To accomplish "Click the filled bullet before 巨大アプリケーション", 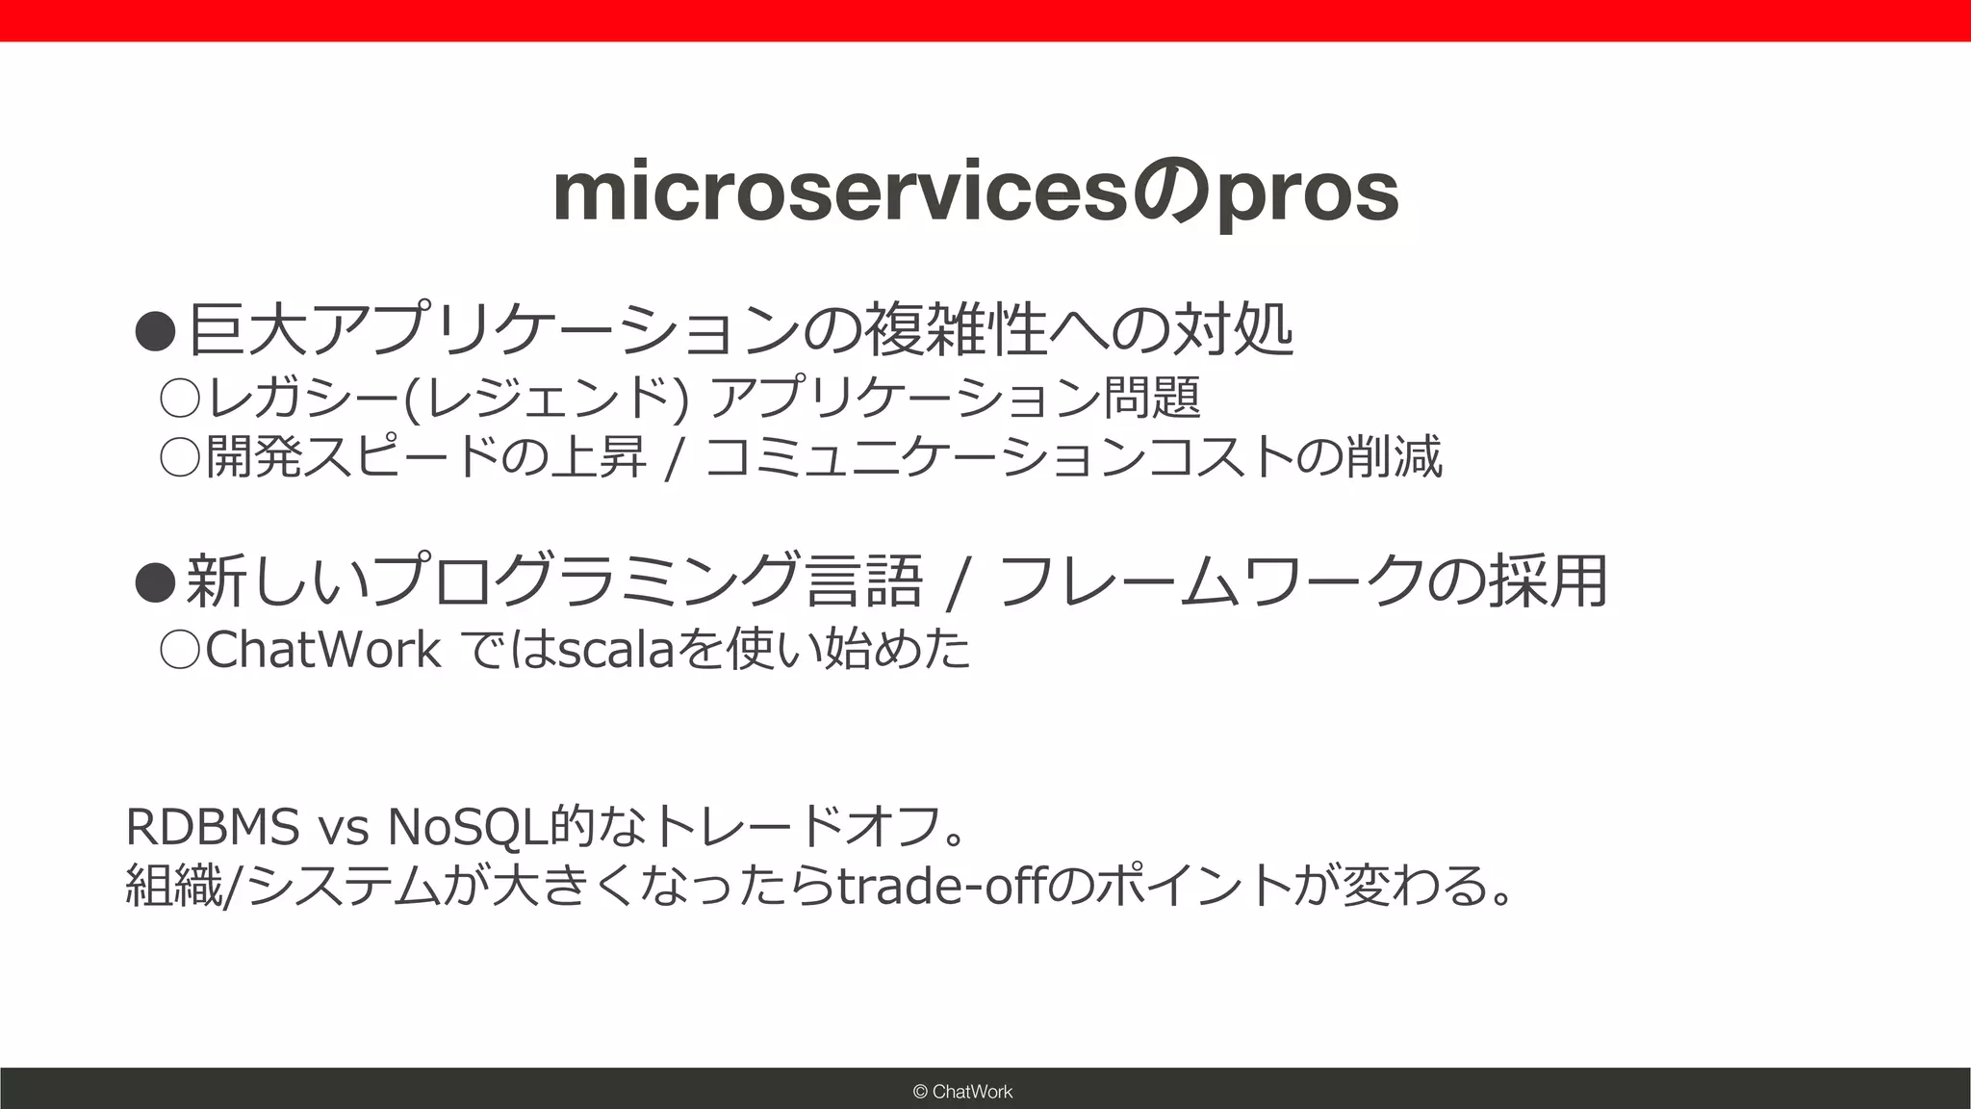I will (x=155, y=331).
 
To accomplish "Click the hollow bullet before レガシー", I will (x=179, y=398).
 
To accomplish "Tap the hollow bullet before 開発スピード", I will (x=179, y=456).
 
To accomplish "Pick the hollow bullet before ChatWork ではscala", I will (x=179, y=650).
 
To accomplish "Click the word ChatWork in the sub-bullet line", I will (x=322, y=650).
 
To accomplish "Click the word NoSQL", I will (x=467, y=826).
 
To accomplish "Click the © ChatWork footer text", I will (x=962, y=1091).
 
